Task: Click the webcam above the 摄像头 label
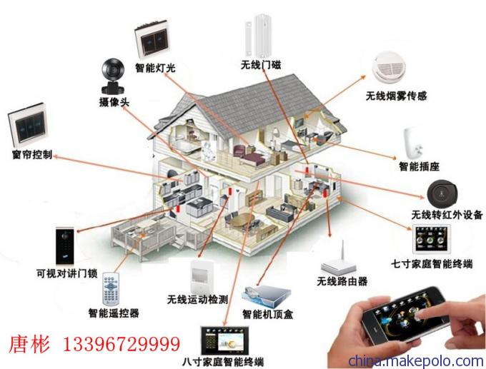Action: pyautogui.click(x=113, y=76)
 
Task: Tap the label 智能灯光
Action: pyautogui.click(x=155, y=68)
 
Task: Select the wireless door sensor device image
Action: pyautogui.click(x=259, y=36)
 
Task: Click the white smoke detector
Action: pyautogui.click(x=390, y=67)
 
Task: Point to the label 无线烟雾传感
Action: pyautogui.click(x=397, y=96)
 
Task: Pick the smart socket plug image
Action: pyautogui.click(x=415, y=143)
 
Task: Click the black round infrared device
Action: pyautogui.click(x=442, y=194)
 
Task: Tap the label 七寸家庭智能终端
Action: pyautogui.click(x=432, y=264)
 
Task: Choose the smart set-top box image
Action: pyautogui.click(x=267, y=296)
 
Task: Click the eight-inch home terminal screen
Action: pyautogui.click(x=224, y=341)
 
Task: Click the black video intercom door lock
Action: pyautogui.click(x=65, y=246)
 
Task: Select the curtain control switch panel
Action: pyautogui.click(x=28, y=125)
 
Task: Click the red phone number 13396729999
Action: pyautogui.click(x=121, y=344)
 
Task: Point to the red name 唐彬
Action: pyautogui.click(x=29, y=344)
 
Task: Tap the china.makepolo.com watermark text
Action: pyautogui.click(x=416, y=361)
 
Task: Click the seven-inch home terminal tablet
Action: pyautogui.click(x=431, y=239)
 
